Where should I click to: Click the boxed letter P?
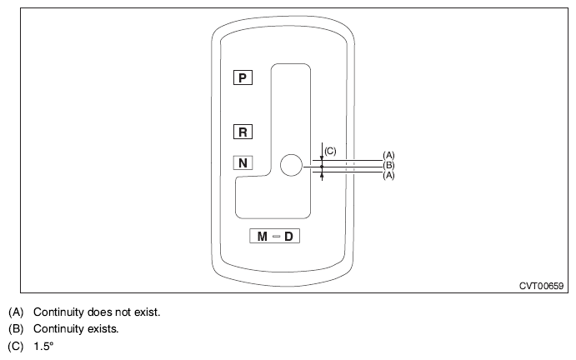click(243, 77)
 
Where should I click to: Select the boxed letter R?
click(243, 132)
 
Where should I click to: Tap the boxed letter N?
click(243, 162)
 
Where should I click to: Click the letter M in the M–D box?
click(263, 236)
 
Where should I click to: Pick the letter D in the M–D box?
click(288, 236)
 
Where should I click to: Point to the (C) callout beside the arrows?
click(330, 151)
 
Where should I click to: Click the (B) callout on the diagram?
click(388, 165)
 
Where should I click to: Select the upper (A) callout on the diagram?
click(388, 155)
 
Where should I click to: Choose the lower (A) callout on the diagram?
click(388, 176)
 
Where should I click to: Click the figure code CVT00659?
click(541, 286)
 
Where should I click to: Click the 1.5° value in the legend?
click(43, 346)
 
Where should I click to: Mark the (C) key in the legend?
click(16, 346)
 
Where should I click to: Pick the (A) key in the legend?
click(16, 312)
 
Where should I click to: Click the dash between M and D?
click(276, 236)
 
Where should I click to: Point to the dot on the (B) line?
click(322, 167)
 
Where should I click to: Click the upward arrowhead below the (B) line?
click(322, 175)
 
